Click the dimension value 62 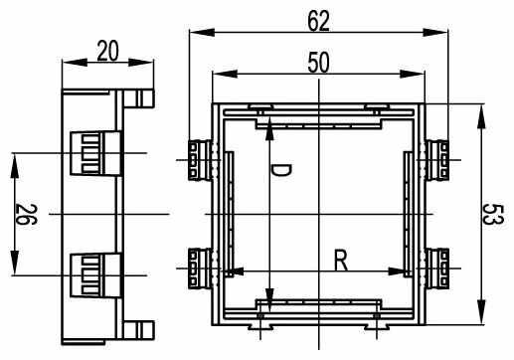pyautogui.click(x=318, y=21)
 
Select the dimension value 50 pyautogui.click(x=318, y=62)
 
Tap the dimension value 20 pyautogui.click(x=107, y=51)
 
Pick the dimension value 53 pyautogui.click(x=493, y=215)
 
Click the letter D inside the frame pyautogui.click(x=280, y=170)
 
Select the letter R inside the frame pyautogui.click(x=341, y=261)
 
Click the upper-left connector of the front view pyautogui.click(x=200, y=160)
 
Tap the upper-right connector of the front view pyautogui.click(x=437, y=160)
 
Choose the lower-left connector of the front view pyautogui.click(x=200, y=269)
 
